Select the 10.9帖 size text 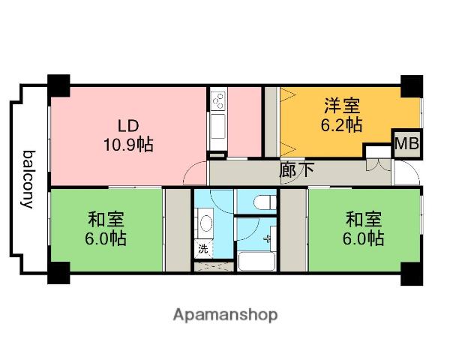(128, 144)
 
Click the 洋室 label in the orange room (343, 105)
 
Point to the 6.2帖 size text (343, 124)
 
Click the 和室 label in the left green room (106, 220)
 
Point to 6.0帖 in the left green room (106, 239)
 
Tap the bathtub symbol (257, 261)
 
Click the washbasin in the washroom (205, 223)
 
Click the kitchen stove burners (218, 98)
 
